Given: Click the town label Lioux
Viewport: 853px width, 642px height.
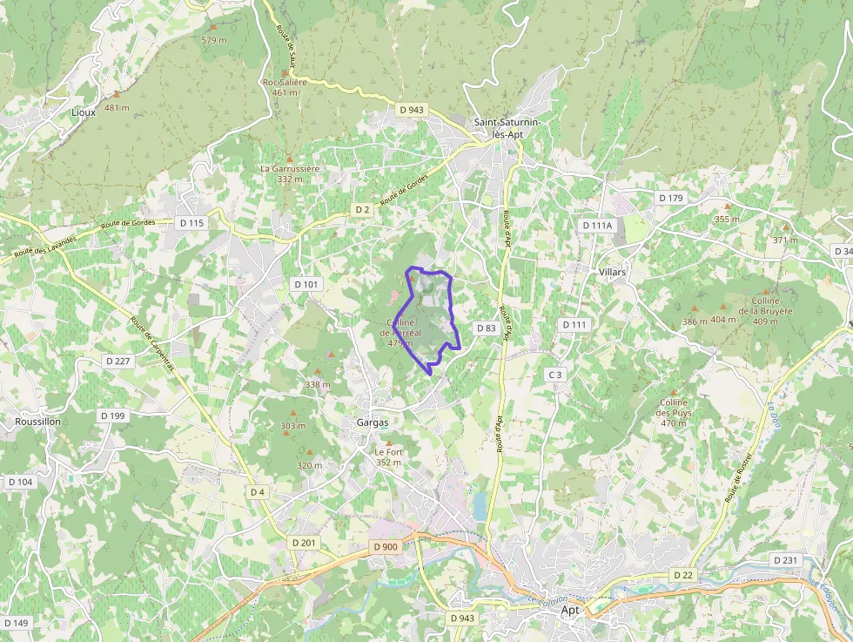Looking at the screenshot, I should (x=84, y=112).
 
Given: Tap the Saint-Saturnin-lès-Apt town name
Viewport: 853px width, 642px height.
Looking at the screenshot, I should (x=508, y=128).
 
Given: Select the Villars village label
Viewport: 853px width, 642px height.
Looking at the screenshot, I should (x=612, y=272).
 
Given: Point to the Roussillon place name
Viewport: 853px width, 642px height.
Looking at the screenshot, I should (x=38, y=421).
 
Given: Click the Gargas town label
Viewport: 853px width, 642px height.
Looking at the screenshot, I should (x=372, y=422).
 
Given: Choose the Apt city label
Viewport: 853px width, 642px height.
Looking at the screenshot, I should (x=570, y=610).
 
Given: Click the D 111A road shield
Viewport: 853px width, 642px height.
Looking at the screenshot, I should (x=597, y=226).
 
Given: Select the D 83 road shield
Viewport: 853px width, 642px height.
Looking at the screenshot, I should (x=486, y=328).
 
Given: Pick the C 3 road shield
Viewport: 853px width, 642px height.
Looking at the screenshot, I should (x=555, y=375).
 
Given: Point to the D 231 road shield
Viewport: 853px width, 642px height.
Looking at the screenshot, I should (x=785, y=560).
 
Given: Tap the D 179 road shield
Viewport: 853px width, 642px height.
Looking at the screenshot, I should (x=671, y=198).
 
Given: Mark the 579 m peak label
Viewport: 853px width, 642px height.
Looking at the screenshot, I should (x=214, y=40).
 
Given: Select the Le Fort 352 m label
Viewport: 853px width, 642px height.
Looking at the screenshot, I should (x=388, y=457).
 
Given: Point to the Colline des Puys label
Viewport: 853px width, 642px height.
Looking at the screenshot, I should (x=674, y=412).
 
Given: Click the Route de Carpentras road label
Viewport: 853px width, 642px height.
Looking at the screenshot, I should (x=152, y=343).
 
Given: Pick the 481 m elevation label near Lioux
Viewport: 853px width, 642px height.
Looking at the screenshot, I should (x=117, y=108).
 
